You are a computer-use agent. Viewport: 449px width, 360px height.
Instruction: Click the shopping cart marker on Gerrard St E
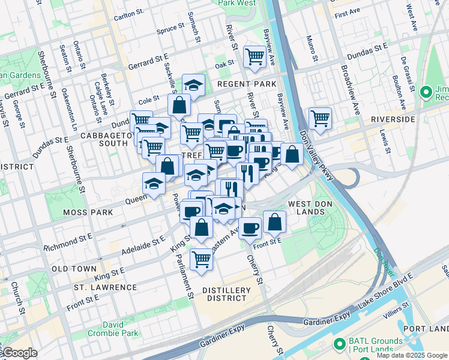[255, 57]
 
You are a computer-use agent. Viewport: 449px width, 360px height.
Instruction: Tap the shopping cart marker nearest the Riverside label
[320, 117]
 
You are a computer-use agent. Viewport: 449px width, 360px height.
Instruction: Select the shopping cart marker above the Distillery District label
[201, 259]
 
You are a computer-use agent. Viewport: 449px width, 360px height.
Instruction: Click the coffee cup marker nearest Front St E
[250, 227]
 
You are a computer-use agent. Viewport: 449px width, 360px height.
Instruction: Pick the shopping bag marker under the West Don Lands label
[274, 221]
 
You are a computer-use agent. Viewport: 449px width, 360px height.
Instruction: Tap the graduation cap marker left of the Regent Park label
[193, 86]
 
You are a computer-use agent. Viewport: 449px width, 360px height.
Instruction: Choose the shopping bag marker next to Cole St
[179, 105]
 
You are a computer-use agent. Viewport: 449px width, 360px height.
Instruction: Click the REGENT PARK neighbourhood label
[247, 84]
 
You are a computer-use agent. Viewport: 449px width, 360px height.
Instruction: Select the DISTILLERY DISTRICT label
[226, 295]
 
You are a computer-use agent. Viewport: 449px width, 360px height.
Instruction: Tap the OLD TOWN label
[74, 269]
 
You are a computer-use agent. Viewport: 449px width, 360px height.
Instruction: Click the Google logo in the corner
[19, 353]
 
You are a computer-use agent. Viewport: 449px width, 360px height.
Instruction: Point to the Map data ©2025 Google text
[412, 355]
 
